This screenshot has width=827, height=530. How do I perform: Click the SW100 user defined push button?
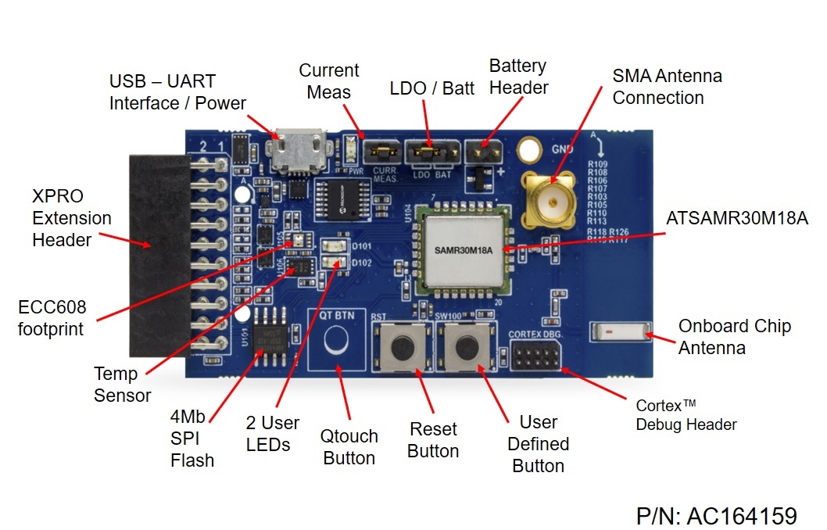(466, 346)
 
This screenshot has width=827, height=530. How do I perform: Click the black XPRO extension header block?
(160, 254)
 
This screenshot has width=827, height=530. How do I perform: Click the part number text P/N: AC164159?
(716, 516)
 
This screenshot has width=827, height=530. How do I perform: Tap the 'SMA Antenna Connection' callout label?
(667, 87)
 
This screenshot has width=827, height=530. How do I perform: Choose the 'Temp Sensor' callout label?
(122, 385)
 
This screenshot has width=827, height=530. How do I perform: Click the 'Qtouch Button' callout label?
(350, 447)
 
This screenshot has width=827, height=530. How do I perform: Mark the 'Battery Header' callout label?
(517, 77)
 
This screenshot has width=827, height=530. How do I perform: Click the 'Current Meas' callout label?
(329, 81)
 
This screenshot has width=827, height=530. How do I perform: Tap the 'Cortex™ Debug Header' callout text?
(686, 415)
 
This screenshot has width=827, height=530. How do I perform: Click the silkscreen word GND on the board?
(562, 149)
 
